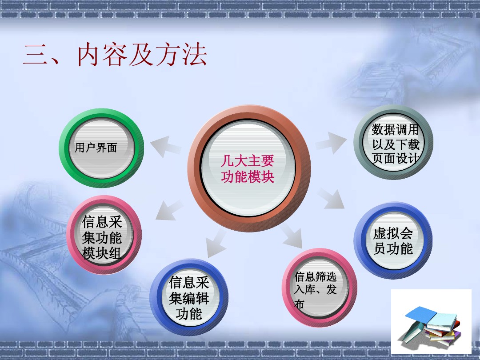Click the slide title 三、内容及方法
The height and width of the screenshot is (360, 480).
click(x=115, y=55)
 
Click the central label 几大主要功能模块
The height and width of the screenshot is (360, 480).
click(x=248, y=169)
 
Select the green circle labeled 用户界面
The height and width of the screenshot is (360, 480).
click(x=101, y=148)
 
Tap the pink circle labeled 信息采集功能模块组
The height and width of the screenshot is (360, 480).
click(x=104, y=235)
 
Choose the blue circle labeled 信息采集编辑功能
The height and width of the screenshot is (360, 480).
click(x=189, y=297)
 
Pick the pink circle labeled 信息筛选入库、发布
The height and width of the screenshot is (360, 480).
click(x=319, y=288)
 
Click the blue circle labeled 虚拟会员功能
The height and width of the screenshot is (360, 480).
click(x=393, y=240)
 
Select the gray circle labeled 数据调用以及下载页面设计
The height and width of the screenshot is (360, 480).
click(x=393, y=142)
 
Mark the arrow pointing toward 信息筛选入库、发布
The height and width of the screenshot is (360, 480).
click(x=292, y=236)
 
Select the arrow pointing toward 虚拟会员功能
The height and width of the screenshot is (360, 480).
click(x=331, y=199)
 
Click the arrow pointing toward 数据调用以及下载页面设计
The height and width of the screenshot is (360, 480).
click(x=331, y=142)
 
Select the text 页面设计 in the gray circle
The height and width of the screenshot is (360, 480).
click(x=396, y=159)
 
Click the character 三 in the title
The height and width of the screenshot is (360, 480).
click(x=35, y=55)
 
